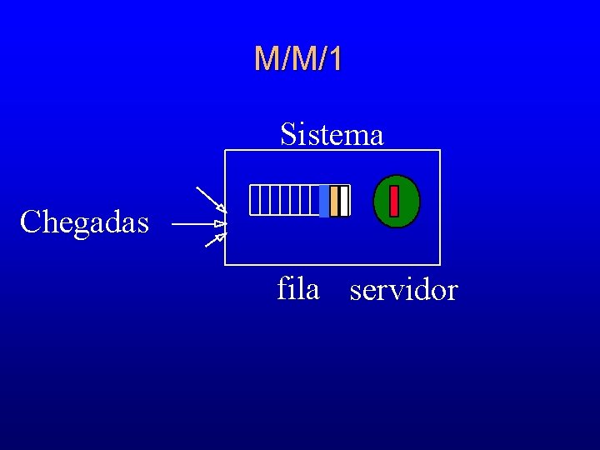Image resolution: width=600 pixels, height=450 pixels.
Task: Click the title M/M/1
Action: [298, 59]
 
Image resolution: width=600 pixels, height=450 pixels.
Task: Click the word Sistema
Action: [332, 133]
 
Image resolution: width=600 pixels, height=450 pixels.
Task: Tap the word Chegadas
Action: [84, 222]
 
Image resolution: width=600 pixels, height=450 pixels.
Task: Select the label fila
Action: [298, 289]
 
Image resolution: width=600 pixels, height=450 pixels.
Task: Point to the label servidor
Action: [403, 291]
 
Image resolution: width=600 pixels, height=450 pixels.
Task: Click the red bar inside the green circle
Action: [394, 201]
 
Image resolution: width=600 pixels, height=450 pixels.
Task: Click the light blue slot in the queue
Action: [324, 201]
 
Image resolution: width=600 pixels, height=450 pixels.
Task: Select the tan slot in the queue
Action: [334, 201]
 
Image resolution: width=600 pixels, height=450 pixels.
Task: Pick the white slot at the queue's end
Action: [344, 201]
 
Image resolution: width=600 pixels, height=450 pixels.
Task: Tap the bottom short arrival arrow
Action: [215, 241]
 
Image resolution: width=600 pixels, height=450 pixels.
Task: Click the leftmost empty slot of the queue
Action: [254, 200]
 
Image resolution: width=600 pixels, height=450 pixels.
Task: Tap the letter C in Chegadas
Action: [30, 222]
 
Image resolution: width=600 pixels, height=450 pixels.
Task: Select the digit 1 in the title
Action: [335, 59]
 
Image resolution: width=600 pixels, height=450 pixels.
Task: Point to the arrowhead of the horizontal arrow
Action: [220, 224]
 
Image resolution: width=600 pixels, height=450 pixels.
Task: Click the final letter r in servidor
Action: [452, 292]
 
